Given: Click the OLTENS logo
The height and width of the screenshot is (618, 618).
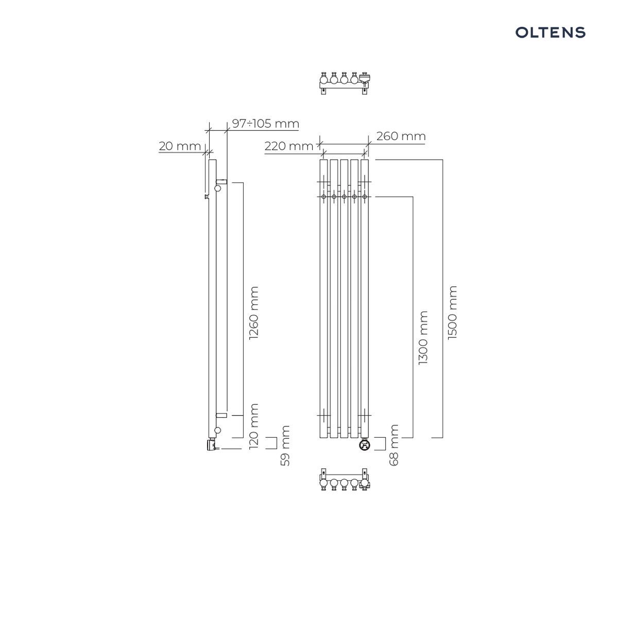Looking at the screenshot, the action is [550, 32].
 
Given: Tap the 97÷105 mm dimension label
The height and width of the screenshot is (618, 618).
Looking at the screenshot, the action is [266, 124].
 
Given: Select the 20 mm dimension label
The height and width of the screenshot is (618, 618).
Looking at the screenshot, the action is [180, 146].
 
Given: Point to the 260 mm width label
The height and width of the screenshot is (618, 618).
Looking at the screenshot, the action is [401, 136].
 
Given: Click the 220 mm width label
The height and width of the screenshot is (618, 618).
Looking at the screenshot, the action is [288, 146].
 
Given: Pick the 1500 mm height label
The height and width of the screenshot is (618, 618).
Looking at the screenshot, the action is [452, 313].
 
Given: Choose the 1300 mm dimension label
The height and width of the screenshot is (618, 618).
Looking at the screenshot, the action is [423, 338].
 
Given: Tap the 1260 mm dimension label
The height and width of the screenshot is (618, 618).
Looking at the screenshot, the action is [254, 313].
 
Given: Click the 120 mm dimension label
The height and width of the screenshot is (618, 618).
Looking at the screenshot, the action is [254, 426].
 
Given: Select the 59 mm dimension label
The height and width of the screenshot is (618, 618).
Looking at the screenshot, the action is [285, 446].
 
